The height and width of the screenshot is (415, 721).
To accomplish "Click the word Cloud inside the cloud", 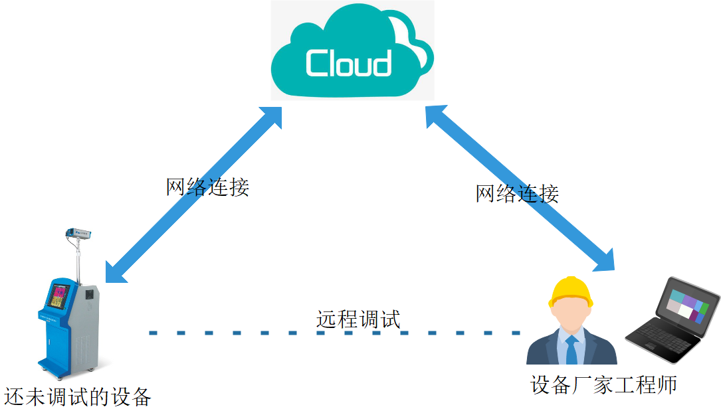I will pos(348,63).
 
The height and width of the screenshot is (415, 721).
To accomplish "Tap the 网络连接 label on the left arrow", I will pos(207,187).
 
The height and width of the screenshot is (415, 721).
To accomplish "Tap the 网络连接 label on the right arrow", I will pos(517,193).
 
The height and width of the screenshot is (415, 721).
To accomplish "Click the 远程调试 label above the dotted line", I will pos(358,319).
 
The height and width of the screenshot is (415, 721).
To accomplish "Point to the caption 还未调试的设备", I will pos(78,397).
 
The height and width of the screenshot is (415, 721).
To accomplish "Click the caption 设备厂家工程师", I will pos(603,385).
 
